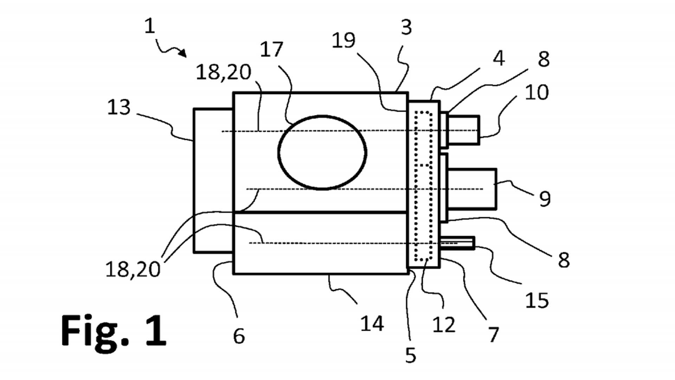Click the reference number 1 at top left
(150, 26)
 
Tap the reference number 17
(271, 50)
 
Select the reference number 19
(343, 40)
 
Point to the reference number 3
(406, 27)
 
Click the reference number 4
(499, 58)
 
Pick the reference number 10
(536, 93)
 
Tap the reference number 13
(119, 107)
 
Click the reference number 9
(545, 199)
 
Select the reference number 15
(537, 301)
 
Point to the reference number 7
(494, 334)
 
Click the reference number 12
(444, 325)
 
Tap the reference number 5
(411, 355)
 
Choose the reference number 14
(372, 324)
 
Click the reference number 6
(239, 336)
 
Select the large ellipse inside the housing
(322, 152)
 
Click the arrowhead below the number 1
(183, 53)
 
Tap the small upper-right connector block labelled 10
(464, 130)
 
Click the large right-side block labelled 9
(472, 189)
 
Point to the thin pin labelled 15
(457, 243)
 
